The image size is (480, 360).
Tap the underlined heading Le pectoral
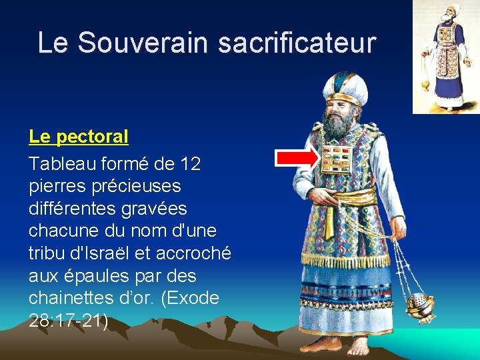79,137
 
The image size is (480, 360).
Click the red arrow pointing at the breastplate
297,158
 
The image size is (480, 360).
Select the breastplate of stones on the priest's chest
336,161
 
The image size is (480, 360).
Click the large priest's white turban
345,87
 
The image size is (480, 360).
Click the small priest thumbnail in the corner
445,57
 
